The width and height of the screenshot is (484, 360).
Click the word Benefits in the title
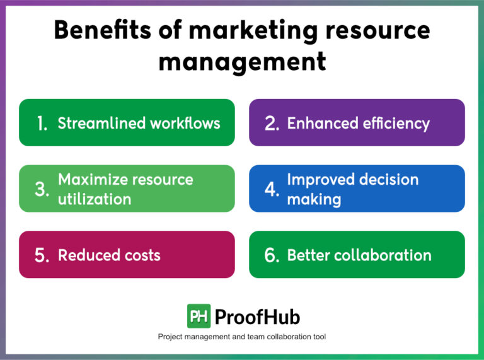96,30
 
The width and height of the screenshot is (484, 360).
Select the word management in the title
242,62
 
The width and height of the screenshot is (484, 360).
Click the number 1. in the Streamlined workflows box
42,124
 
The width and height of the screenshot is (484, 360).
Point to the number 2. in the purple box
272,124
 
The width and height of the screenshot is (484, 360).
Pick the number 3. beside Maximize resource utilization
42,189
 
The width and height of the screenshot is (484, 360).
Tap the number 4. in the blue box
272,189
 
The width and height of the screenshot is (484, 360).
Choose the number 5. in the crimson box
42,255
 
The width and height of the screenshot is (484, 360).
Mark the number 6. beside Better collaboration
272,255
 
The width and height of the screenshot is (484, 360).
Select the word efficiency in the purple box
394,123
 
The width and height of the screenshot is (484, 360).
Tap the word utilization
95,199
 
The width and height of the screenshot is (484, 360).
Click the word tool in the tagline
318,337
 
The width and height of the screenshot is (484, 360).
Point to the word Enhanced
320,123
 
